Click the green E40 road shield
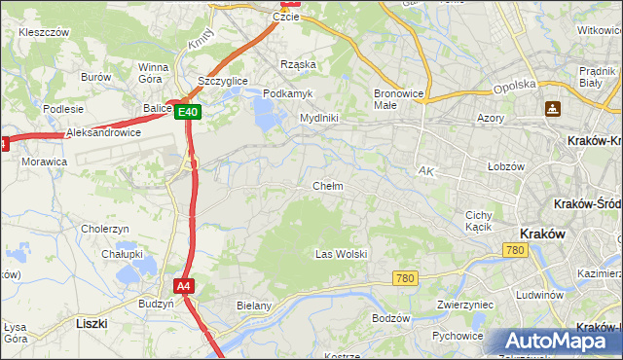[189, 113]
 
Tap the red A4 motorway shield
[184, 286]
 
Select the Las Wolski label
[341, 254]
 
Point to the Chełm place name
[327, 186]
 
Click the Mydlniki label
[318, 118]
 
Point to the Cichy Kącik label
[479, 221]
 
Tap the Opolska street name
[515, 85]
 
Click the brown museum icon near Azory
[553, 108]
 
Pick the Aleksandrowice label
[103, 132]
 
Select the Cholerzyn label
[105, 229]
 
